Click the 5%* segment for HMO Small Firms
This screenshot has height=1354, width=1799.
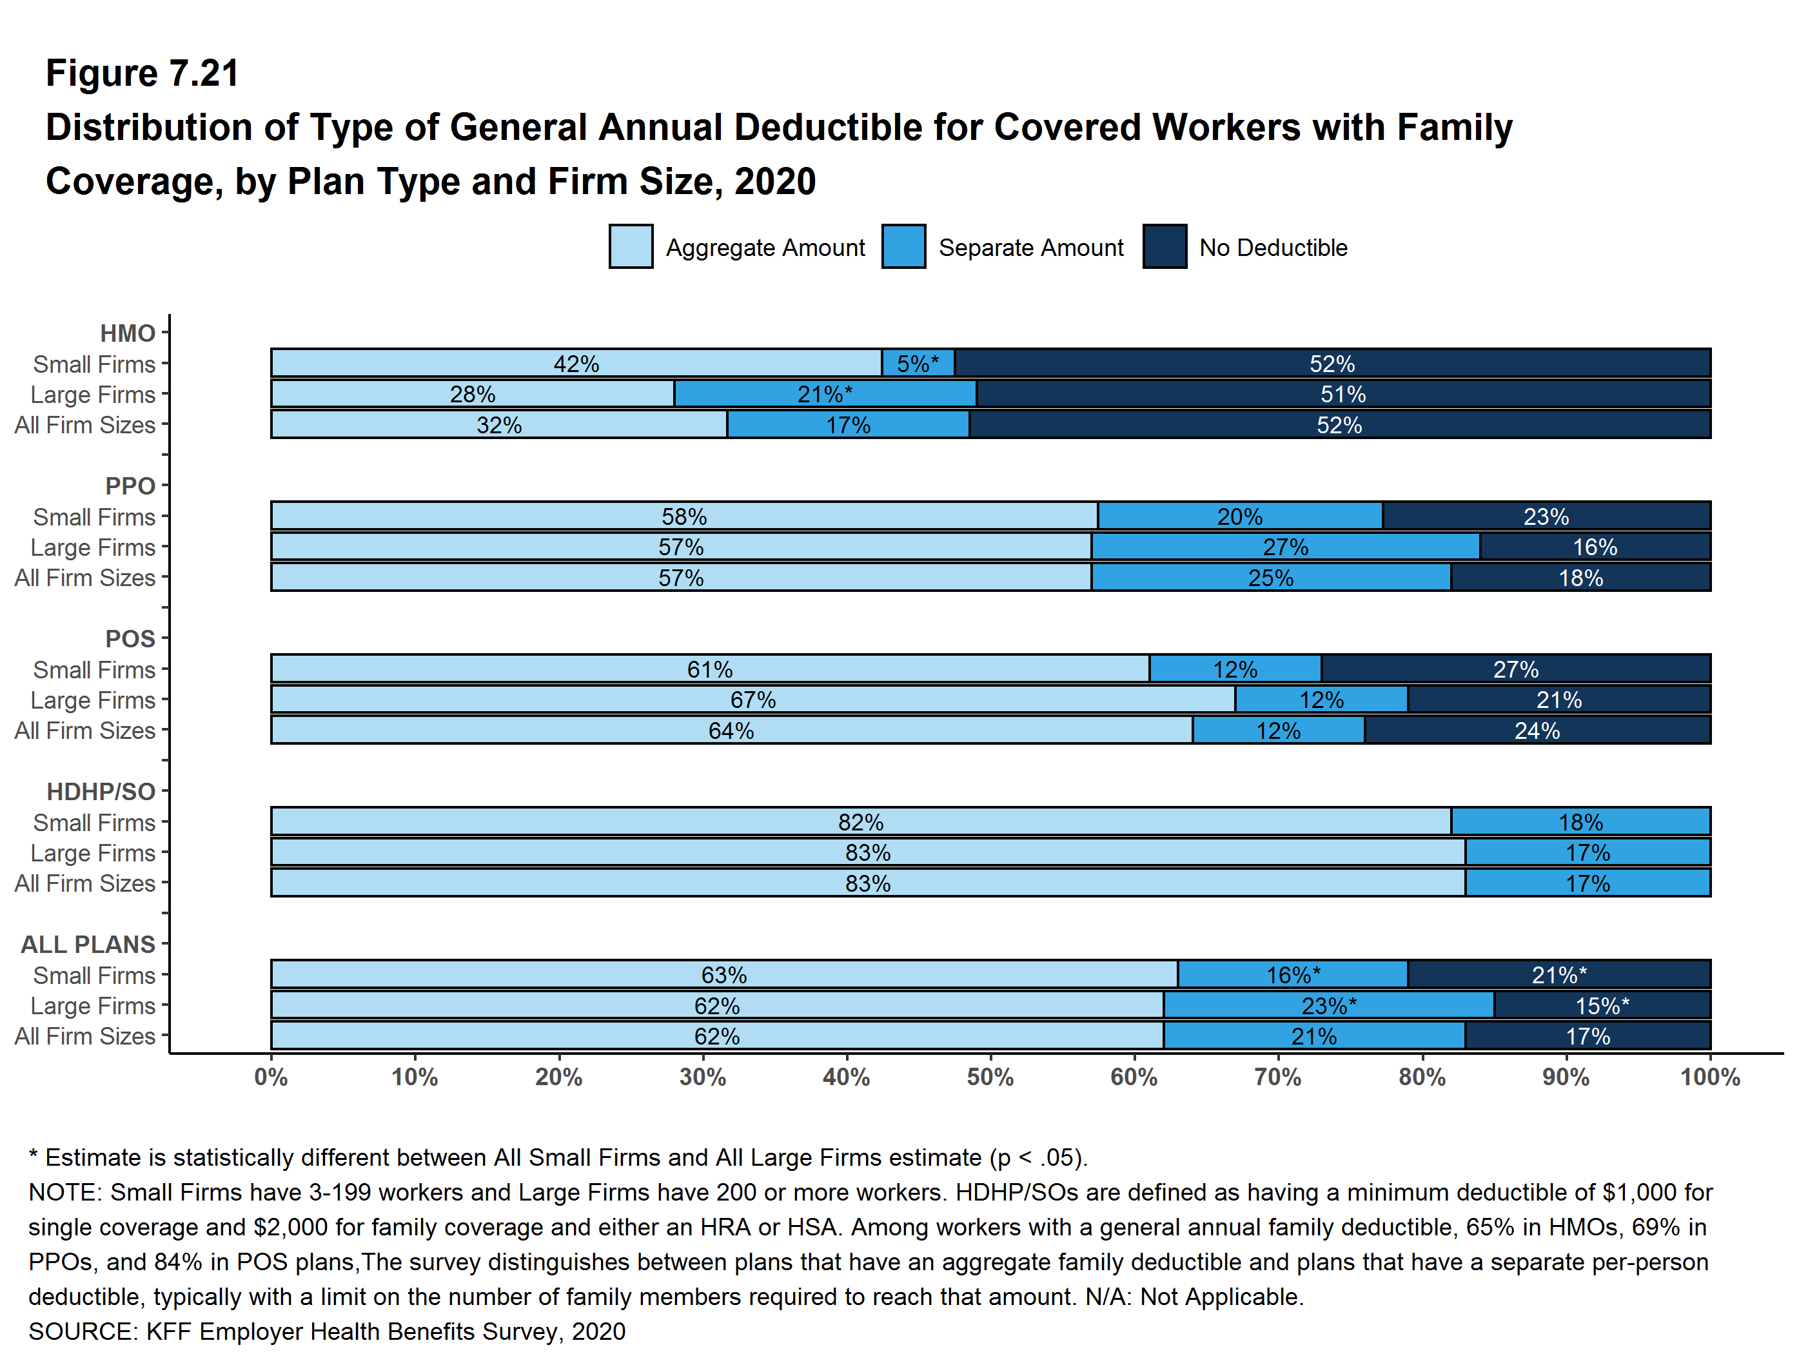[x=918, y=364]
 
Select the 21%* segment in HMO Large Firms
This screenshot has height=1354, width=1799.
[x=825, y=395]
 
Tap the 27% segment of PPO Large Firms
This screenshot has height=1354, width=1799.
[x=1285, y=547]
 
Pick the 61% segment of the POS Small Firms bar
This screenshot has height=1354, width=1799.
[x=709, y=669]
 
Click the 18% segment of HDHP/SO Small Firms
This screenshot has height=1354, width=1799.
[x=1580, y=822]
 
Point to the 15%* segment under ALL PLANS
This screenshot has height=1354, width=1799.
[x=1602, y=1006]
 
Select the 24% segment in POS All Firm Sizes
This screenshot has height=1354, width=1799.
[x=1537, y=731]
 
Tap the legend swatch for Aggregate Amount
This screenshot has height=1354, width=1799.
[x=631, y=247]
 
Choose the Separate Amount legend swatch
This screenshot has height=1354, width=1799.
[x=903, y=247]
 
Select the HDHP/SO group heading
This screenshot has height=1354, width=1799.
[x=100, y=791]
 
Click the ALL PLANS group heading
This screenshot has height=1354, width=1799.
[x=88, y=944]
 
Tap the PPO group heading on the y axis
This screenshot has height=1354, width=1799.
[x=130, y=486]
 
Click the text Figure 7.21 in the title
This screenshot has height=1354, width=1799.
[x=143, y=74]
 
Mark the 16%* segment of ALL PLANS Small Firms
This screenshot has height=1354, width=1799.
[x=1292, y=975]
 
